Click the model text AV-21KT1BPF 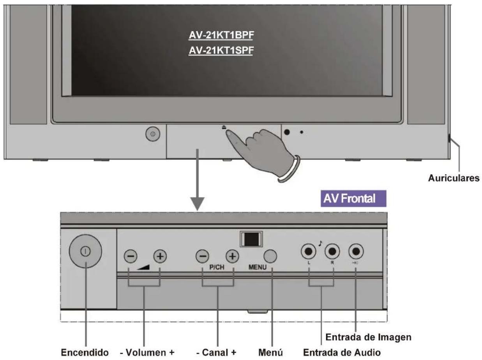(221, 36)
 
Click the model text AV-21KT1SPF (221, 51)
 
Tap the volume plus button (160, 256)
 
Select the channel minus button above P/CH (202, 256)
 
